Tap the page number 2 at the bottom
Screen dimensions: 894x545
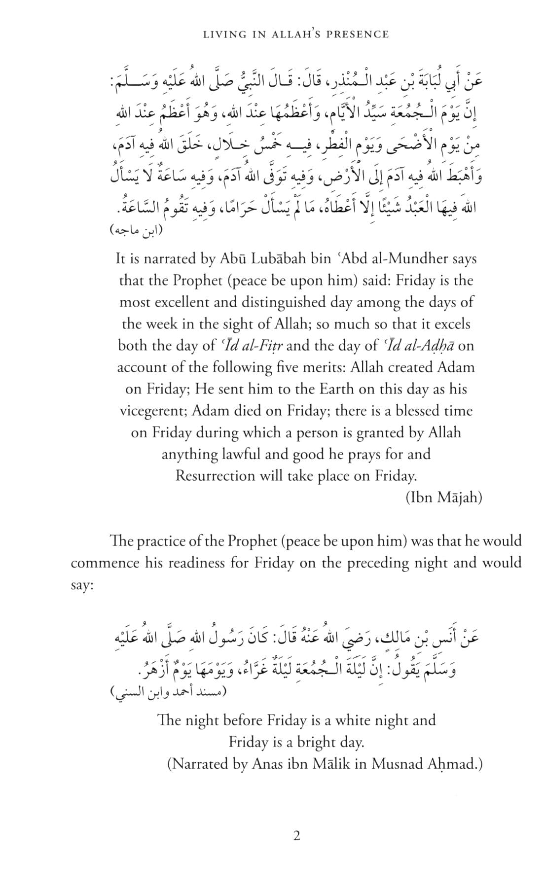point(296,835)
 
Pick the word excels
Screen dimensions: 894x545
point(449,323)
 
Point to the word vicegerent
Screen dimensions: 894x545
point(152,411)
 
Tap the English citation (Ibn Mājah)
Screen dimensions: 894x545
point(443,498)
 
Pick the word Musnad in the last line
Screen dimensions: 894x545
point(397,764)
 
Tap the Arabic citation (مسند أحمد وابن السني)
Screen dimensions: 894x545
point(168,691)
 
